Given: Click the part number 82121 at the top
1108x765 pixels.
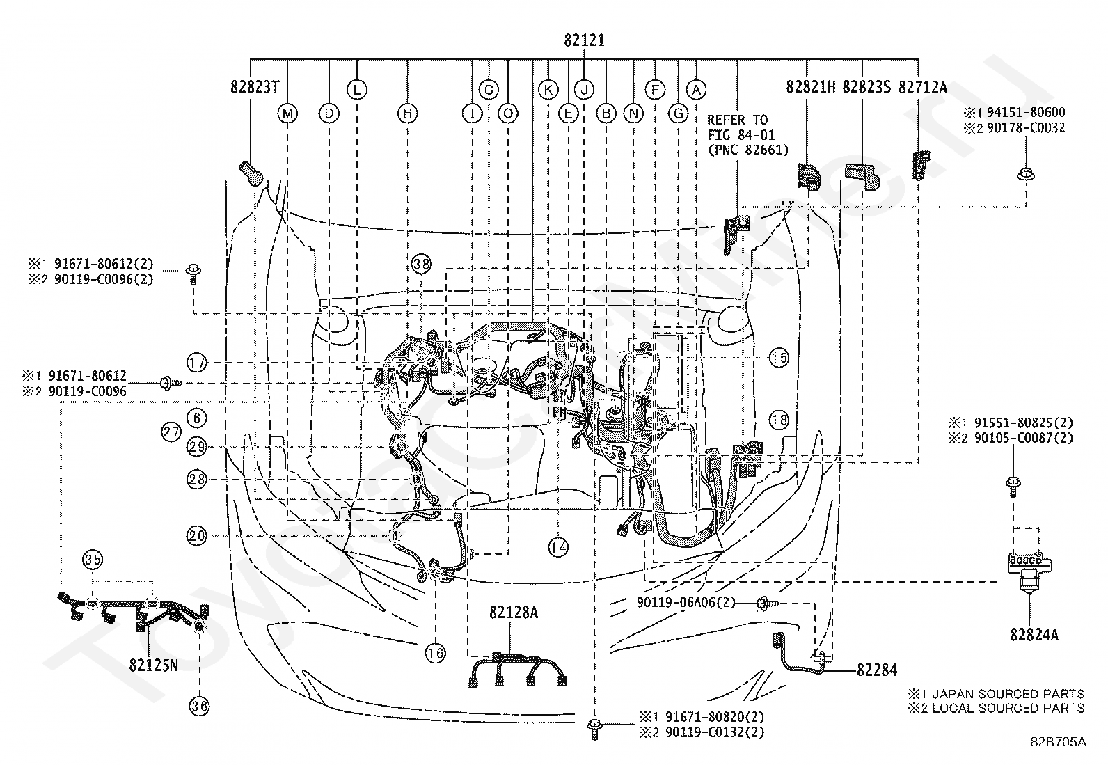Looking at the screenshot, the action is coord(584,40).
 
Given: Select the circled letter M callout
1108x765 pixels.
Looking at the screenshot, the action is coord(287,113).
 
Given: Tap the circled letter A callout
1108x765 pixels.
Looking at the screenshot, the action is coord(696,90).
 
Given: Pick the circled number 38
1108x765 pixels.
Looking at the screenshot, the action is coord(422,264).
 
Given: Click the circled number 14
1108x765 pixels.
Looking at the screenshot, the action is coord(558,547).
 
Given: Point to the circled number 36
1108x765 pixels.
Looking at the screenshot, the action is coord(199,706).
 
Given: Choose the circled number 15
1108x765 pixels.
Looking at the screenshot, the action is coord(779,357).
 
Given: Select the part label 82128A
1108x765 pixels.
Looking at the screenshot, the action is coord(514,613).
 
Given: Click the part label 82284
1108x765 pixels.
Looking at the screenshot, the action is coord(876,670).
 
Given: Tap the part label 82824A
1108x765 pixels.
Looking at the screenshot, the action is coord(1034,634).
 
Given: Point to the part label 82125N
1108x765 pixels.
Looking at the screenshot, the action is coord(153,665).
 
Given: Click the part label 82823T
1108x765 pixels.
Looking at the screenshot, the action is coord(255,87).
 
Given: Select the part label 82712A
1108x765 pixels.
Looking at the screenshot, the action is coord(922,88).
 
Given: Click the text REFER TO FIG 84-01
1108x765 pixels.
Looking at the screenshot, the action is coord(741,127).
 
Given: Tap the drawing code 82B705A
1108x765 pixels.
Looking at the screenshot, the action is coord(1059,742).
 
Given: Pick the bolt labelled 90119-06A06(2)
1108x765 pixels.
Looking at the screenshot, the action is coord(767,604).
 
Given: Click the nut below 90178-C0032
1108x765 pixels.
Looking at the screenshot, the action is coord(1026,174).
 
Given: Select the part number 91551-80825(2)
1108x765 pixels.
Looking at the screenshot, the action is coord(1024,423).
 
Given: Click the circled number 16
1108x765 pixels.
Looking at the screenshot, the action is coord(435,653).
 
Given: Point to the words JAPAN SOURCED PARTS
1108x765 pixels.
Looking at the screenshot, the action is coord(1008,694).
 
